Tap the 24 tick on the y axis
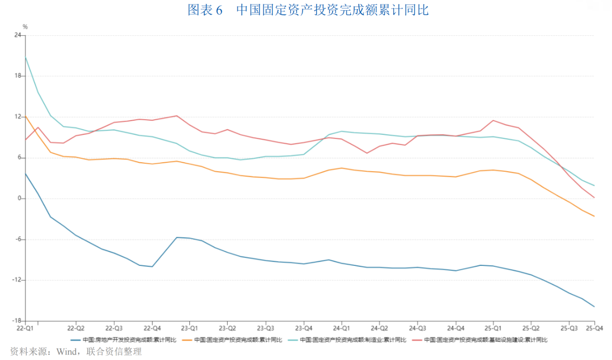pyautogui.click(x=17, y=35)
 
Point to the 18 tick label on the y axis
pyautogui.click(x=17, y=76)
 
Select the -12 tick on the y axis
pyautogui.click(x=16, y=280)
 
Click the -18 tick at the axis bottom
pyautogui.click(x=16, y=321)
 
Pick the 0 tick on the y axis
pyautogui.click(x=19, y=198)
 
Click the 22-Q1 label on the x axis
pyautogui.click(x=25, y=328)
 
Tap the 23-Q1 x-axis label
pyautogui.click(x=189, y=328)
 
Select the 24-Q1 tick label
pyautogui.click(x=341, y=328)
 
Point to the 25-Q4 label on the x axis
pyautogui.click(x=594, y=328)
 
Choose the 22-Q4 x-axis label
pyautogui.click(x=152, y=328)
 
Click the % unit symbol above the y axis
pyautogui.click(x=25, y=27)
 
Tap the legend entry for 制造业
pyautogui.click(x=352, y=340)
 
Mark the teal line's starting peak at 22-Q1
pyautogui.click(x=25, y=57)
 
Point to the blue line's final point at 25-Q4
pyautogui.click(x=594, y=307)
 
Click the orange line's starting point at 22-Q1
pyautogui.click(x=25, y=116)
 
